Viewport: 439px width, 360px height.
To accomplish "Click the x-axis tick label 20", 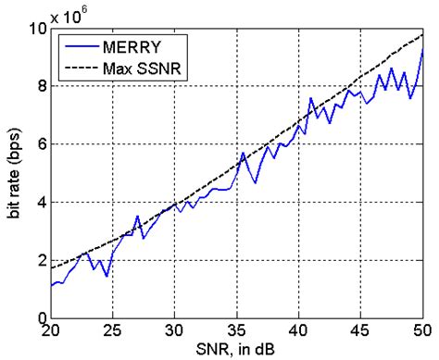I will pyautogui.click(x=51, y=331).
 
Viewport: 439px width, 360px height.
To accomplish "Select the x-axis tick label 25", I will pyautogui.click(x=112, y=331).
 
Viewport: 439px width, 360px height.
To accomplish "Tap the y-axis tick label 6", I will pyautogui.click(x=41, y=143).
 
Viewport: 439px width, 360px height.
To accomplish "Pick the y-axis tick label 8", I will pyautogui.click(x=41, y=85).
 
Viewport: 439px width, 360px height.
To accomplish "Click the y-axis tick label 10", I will pyautogui.click(x=37, y=28).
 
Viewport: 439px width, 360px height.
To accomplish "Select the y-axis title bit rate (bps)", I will pyautogui.click(x=13, y=172).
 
